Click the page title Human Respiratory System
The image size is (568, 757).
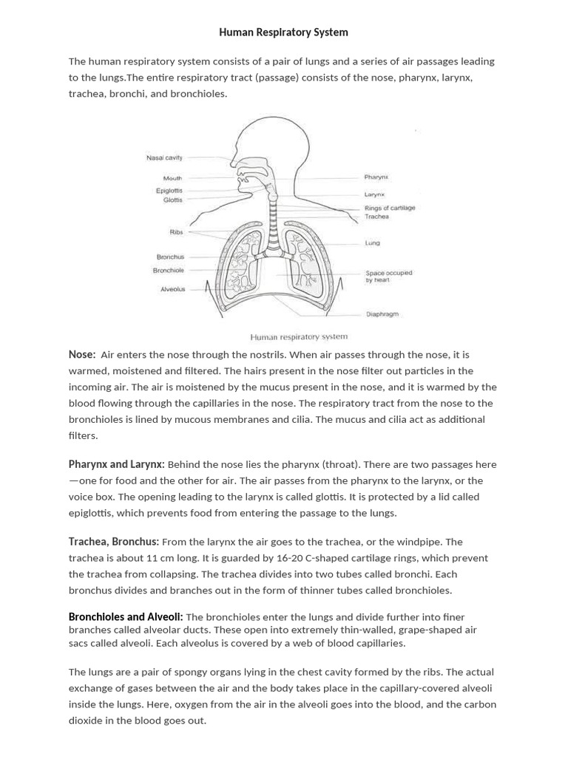[283, 33]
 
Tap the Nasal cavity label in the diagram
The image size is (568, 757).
[164, 157]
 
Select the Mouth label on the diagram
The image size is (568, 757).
[172, 178]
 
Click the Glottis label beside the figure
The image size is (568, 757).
[172, 200]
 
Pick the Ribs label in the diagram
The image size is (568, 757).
[176, 232]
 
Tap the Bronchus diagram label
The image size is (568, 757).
[170, 257]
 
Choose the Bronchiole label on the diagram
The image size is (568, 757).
[168, 271]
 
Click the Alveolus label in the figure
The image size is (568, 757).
[173, 289]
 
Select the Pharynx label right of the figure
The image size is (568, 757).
[376, 177]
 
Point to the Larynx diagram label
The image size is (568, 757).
[374, 194]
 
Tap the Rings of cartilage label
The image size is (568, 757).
[390, 208]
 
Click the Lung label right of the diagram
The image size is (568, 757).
[372, 242]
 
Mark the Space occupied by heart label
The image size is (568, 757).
[388, 276]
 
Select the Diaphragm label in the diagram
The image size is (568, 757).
[382, 314]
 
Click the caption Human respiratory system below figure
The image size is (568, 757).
[299, 336]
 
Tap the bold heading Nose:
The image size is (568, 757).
[82, 354]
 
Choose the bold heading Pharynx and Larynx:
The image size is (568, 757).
[116, 464]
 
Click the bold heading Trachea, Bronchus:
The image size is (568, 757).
[114, 542]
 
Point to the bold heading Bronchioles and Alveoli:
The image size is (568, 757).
[126, 617]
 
